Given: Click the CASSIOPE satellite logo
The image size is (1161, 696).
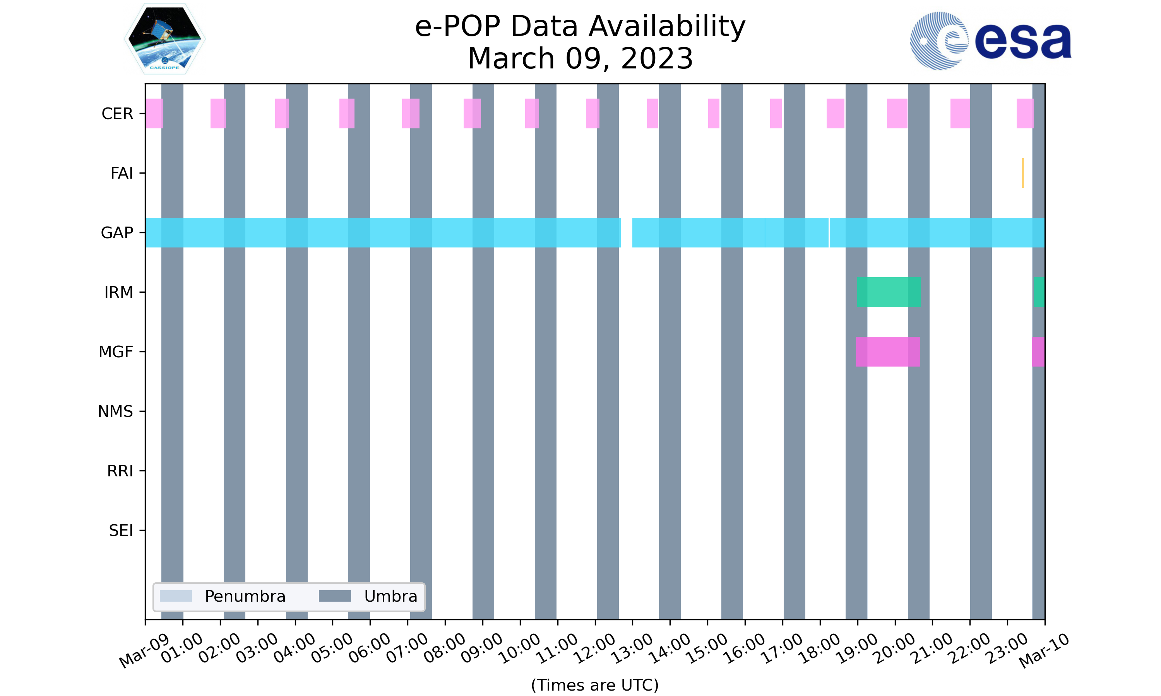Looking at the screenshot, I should (164, 39).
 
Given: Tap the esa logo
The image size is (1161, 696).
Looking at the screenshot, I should (990, 41).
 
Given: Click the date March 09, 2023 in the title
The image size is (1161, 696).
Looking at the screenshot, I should (580, 59).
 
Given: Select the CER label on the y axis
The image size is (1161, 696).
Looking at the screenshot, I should (117, 114).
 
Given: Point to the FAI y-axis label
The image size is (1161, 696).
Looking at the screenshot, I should (122, 173).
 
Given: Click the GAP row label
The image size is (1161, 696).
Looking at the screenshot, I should (117, 233).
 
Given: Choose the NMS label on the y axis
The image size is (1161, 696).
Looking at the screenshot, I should (115, 411).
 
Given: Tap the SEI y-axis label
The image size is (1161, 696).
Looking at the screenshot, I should (121, 531).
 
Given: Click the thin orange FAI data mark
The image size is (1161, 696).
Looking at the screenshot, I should (1022, 173).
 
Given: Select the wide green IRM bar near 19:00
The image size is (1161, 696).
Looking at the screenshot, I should (888, 292).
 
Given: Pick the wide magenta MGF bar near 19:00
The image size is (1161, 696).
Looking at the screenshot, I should (888, 352).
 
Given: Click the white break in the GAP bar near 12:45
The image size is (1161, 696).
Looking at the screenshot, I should (627, 233).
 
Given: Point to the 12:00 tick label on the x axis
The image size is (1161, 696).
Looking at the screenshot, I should (595, 648).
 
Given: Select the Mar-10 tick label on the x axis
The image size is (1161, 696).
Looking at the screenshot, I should (1044, 650).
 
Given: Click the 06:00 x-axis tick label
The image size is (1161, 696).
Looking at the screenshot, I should (370, 648).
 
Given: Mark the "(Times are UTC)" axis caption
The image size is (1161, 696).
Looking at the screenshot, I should (594, 685).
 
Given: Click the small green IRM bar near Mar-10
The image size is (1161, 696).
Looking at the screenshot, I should (1039, 292).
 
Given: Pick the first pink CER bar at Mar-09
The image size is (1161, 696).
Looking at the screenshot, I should (154, 114).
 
